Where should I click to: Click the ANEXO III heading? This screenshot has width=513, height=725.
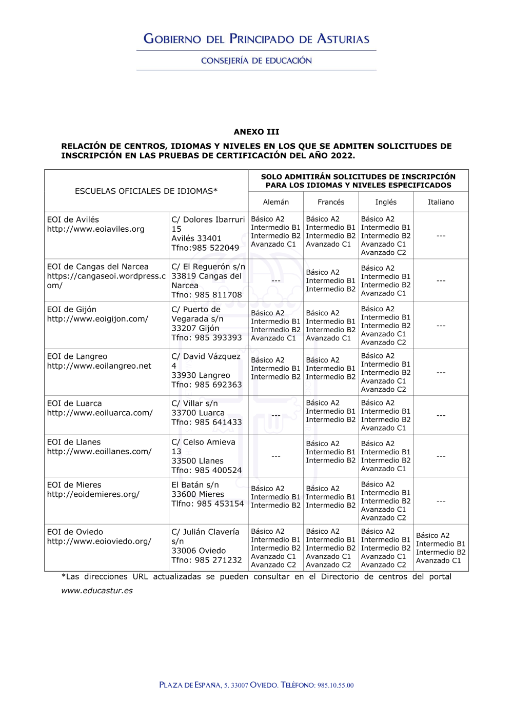pyautogui.click(x=256, y=132)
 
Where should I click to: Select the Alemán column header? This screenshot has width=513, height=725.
pyautogui.click(x=276, y=202)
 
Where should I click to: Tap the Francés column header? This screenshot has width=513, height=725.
pyautogui.click(x=331, y=202)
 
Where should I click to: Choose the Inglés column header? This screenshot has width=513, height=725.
pyautogui.click(x=386, y=202)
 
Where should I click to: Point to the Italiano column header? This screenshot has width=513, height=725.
pyautogui.click(x=441, y=202)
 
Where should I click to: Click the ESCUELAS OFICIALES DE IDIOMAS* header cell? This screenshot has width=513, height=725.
pyautogui.click(x=146, y=191)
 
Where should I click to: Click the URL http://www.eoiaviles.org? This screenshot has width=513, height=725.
pyautogui.click(x=95, y=229)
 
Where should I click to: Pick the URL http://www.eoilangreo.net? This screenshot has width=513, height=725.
pyautogui.click(x=99, y=366)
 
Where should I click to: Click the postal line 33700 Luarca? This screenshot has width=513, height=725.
pyautogui.click(x=198, y=413)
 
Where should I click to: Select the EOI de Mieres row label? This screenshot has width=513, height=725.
pyautogui.click(x=74, y=485)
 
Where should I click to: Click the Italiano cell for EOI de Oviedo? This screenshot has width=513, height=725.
pyautogui.click(x=441, y=548)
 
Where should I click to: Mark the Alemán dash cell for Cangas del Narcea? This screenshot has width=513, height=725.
pyautogui.click(x=276, y=280)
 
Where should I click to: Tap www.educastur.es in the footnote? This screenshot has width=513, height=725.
pyautogui.click(x=97, y=591)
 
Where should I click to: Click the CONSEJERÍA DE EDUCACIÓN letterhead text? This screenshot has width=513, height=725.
pyautogui.click(x=256, y=61)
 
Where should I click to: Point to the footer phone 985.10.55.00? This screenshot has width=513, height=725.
pyautogui.click(x=336, y=686)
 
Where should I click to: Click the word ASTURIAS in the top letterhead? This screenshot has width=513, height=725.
pyautogui.click(x=343, y=39)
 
